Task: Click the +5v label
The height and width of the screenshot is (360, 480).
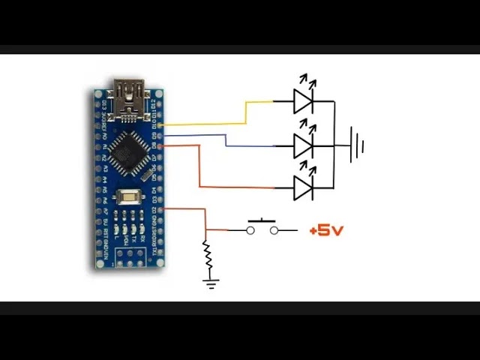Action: (325, 230)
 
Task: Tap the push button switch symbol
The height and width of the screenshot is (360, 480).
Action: (262, 228)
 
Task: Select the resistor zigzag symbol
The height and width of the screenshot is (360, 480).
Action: (207, 258)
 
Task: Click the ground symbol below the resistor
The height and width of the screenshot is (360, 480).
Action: (211, 283)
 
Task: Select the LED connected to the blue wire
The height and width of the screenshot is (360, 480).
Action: (303, 145)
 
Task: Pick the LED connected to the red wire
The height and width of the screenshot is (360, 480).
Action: (303, 187)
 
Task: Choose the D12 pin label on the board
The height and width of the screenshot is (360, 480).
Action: (155, 100)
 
